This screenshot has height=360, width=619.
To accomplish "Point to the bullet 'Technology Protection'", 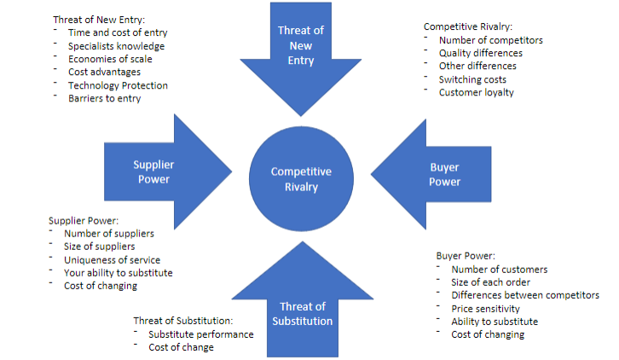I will (x=118, y=85).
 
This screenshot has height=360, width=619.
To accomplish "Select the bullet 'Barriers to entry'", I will (x=105, y=98).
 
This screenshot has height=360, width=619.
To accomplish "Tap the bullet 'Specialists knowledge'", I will (x=116, y=46).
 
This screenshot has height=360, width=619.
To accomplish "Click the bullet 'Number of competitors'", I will (x=490, y=40).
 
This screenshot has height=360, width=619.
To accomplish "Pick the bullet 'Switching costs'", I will (x=472, y=79).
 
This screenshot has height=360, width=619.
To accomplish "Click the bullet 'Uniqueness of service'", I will (x=112, y=259).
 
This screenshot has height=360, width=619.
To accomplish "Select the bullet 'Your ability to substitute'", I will (x=119, y=273).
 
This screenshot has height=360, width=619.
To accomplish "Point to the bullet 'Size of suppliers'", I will (x=99, y=247).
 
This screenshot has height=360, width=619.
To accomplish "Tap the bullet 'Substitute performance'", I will (x=200, y=334).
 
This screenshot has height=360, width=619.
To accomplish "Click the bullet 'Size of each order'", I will (x=491, y=282).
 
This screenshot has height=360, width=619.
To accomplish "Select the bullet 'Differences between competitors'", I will (x=525, y=295).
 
